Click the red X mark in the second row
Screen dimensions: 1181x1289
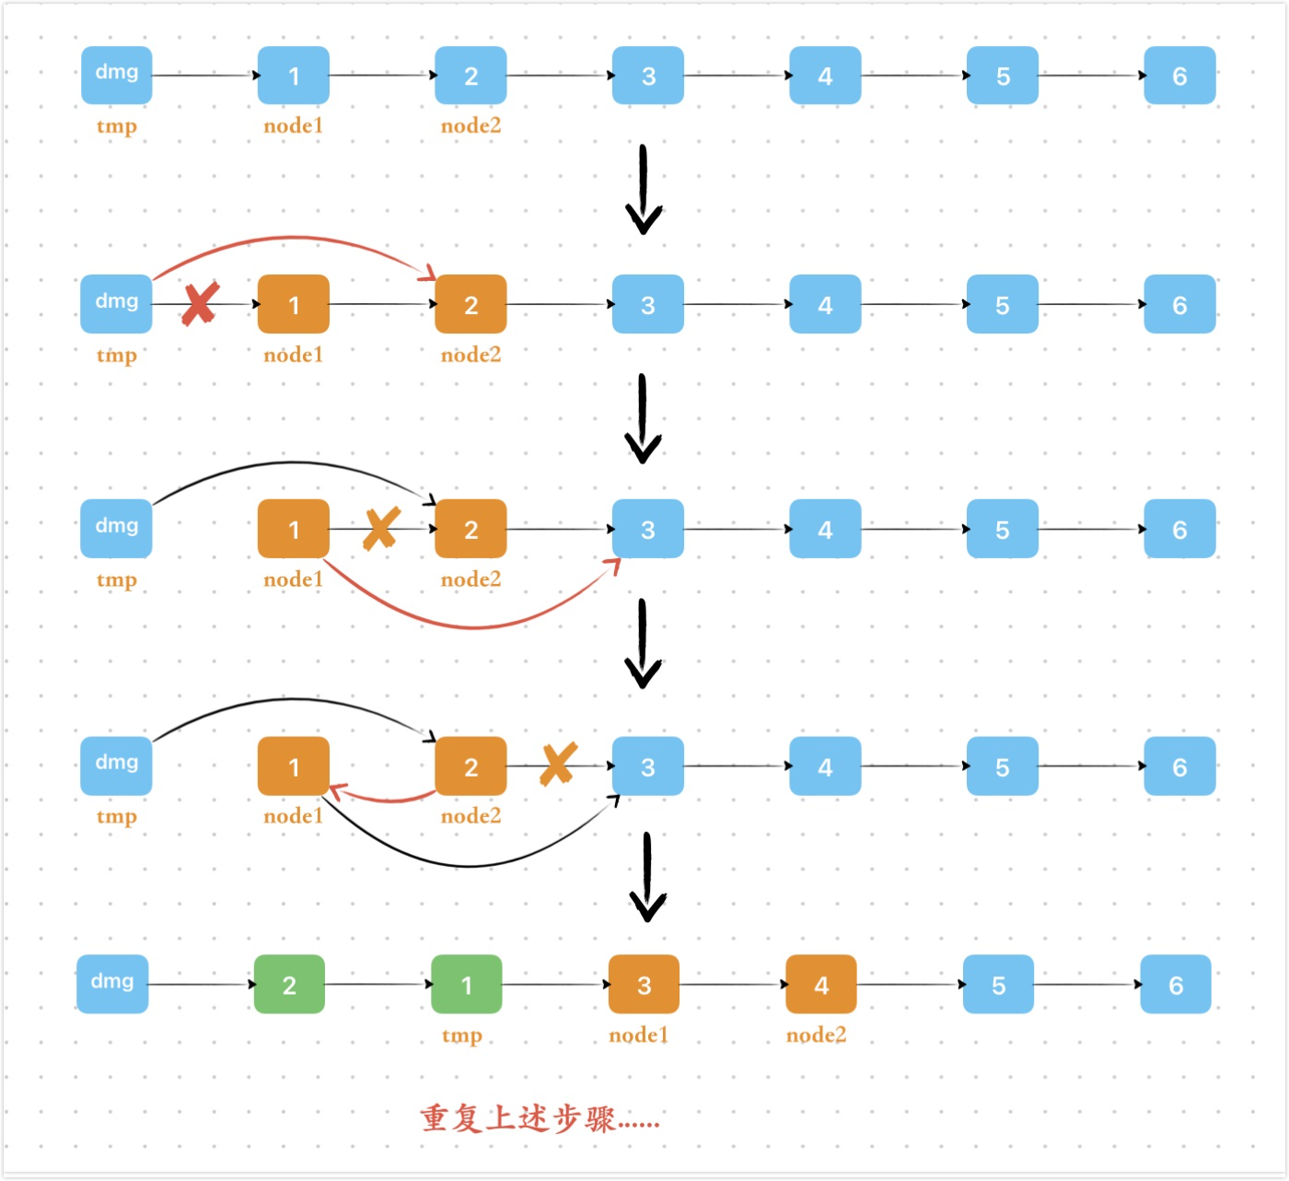pyautogui.click(x=200, y=304)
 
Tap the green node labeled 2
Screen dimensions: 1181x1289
pyautogui.click(x=289, y=985)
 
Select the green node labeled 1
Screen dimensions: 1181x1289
pyautogui.click(x=467, y=985)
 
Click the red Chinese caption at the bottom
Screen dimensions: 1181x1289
pyautogui.click(x=540, y=1118)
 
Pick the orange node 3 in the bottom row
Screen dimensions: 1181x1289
pyautogui.click(x=644, y=985)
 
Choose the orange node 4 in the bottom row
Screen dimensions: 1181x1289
pyautogui.click(x=821, y=985)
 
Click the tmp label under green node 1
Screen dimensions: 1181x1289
pyautogui.click(x=461, y=1035)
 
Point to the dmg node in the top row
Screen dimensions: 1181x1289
pyautogui.click(x=117, y=75)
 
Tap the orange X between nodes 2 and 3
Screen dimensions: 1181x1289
pyautogui.click(x=558, y=764)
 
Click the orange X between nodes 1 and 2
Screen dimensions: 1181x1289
pyautogui.click(x=380, y=528)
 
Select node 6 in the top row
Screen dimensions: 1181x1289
pyautogui.click(x=1179, y=76)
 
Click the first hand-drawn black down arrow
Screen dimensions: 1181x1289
pyautogui.click(x=644, y=189)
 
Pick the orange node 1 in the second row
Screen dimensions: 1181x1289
pyautogui.click(x=294, y=304)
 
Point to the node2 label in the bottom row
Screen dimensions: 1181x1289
pyautogui.click(x=816, y=1035)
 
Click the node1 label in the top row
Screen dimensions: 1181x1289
pyautogui.click(x=293, y=126)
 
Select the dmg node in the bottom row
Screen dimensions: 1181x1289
pyautogui.click(x=112, y=984)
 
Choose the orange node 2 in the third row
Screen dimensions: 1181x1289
pyautogui.click(x=470, y=529)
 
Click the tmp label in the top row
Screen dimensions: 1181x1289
pyautogui.click(x=117, y=126)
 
